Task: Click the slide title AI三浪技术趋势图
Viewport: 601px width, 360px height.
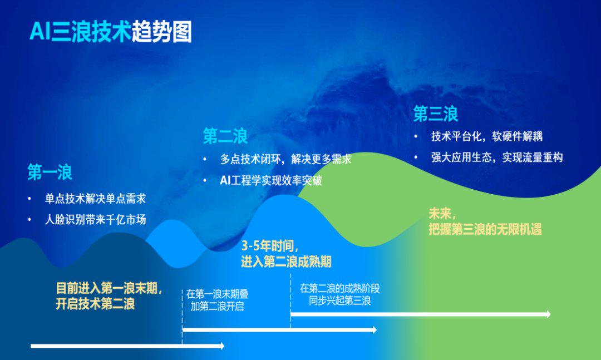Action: point(111,32)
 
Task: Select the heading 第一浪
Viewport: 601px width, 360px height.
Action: point(50,172)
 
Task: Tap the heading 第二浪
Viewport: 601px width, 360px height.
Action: point(225,136)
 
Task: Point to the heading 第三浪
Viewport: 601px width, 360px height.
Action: point(435,114)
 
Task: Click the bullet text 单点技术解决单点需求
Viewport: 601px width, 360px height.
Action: point(96,199)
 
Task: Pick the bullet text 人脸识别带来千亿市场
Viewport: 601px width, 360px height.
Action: point(96,220)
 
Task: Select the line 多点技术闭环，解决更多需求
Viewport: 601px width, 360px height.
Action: point(285,159)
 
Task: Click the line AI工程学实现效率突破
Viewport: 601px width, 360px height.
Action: point(271,181)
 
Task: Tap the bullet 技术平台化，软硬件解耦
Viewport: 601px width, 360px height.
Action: point(487,136)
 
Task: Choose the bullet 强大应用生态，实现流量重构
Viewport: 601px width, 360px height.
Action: point(497,157)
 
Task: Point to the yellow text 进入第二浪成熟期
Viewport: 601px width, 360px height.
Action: point(287,262)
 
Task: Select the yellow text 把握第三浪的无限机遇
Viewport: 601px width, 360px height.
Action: point(485,229)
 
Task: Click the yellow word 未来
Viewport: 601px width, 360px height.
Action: point(440,213)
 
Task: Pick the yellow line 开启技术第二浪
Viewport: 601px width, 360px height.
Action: point(96,304)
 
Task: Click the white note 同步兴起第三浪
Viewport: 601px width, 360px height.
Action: point(340,300)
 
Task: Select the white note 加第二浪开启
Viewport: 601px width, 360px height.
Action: point(217,307)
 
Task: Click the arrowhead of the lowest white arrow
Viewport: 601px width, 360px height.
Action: point(221,346)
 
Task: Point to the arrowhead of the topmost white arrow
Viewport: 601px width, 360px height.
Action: point(548,314)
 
